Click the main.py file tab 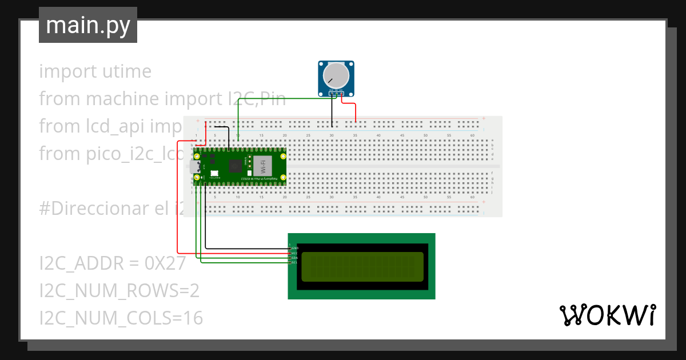pyautogui.click(x=87, y=25)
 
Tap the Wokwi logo pyautogui.click(x=607, y=315)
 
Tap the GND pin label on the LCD pyautogui.click(x=295, y=248)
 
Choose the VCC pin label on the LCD pyautogui.click(x=295, y=253)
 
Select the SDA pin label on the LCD pyautogui.click(x=295, y=258)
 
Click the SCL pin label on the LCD pyautogui.click(x=295, y=263)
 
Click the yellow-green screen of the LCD pyautogui.click(x=362, y=266)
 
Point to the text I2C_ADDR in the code pyautogui.click(x=78, y=263)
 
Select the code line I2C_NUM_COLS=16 pyautogui.click(x=121, y=318)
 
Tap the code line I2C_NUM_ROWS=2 pyautogui.click(x=119, y=291)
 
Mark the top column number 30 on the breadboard pyautogui.click(x=332, y=135)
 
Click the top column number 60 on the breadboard pyautogui.click(x=472, y=135)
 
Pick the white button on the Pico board pyautogui.click(x=213, y=173)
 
